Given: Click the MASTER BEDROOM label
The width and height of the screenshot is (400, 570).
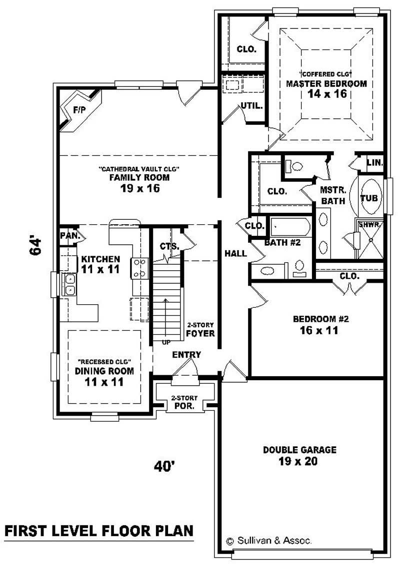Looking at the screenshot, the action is click(326, 83).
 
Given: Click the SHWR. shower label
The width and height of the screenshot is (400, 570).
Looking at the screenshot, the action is click(369, 225).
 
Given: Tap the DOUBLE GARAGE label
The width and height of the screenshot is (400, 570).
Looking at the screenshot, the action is click(299, 450).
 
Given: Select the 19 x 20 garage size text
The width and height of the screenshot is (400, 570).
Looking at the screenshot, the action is click(298, 461).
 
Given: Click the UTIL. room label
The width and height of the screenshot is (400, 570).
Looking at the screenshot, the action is click(251, 106).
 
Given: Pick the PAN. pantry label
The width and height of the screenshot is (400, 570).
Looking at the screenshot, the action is click(70, 236).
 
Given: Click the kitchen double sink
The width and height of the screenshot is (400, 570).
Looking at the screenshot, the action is click(69, 284).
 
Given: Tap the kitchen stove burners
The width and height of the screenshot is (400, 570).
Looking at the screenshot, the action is click(140, 268).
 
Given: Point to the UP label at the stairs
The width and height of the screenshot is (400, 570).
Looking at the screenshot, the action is click(166, 342).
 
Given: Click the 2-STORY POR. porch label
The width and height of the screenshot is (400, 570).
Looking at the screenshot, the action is click(184, 402).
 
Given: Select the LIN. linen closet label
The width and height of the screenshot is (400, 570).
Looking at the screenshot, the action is click(374, 163).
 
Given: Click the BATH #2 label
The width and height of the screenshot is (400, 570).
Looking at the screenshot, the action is click(282, 242).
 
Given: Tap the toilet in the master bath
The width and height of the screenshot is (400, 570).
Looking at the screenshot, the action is click(293, 166).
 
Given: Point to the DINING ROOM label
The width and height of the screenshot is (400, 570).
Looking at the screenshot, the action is click(104, 371).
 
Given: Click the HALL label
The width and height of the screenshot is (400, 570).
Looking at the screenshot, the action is click(235, 253).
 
